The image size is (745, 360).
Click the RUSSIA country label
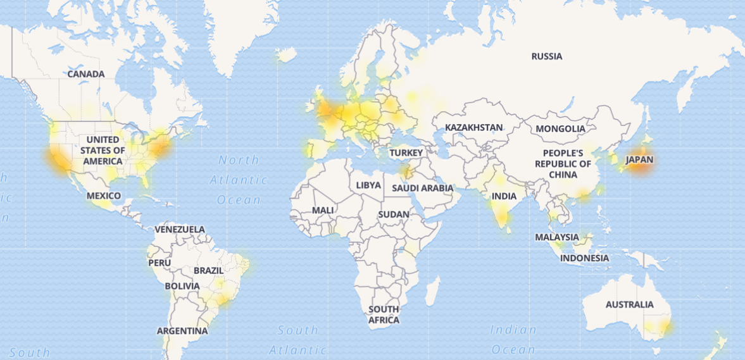coord(547,56)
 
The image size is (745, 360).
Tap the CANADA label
coord(86,74)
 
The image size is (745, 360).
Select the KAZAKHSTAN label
coord(473,128)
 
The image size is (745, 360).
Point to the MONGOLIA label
coord(560,129)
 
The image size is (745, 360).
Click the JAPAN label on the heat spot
coord(639,160)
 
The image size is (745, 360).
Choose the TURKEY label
coord(406,153)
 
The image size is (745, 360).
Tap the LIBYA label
coord(368,185)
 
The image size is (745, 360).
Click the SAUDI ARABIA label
coord(423,188)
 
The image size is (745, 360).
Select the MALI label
coord(323,210)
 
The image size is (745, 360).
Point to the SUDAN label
coord(394,214)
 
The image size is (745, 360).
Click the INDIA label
coord(504,197)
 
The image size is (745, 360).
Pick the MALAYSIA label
coord(557,237)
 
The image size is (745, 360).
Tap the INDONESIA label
coord(585,258)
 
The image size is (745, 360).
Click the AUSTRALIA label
coord(629,305)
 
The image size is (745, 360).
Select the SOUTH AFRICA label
coord(384,314)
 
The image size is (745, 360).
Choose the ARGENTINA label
coord(182,331)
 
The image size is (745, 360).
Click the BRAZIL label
coord(209,271)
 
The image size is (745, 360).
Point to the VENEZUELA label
coord(180,229)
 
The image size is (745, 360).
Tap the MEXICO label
coord(104,196)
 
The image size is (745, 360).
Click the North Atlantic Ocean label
coord(239,180)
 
